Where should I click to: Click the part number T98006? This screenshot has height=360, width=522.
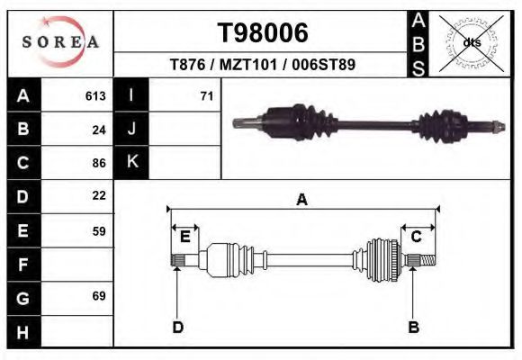(x=263, y=32)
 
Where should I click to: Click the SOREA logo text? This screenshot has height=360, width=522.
(x=60, y=42)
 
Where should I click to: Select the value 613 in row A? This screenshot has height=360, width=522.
(x=95, y=96)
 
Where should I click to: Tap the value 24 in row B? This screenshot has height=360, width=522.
(x=99, y=130)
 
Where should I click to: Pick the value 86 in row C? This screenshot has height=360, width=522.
(x=99, y=163)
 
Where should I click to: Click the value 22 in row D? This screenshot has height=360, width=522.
(x=99, y=195)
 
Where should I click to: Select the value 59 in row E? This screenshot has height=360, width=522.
(x=99, y=231)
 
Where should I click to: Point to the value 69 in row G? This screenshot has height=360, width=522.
(x=99, y=296)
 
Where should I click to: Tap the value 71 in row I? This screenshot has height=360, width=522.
(x=207, y=96)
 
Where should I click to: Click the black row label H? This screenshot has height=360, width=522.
(x=23, y=332)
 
